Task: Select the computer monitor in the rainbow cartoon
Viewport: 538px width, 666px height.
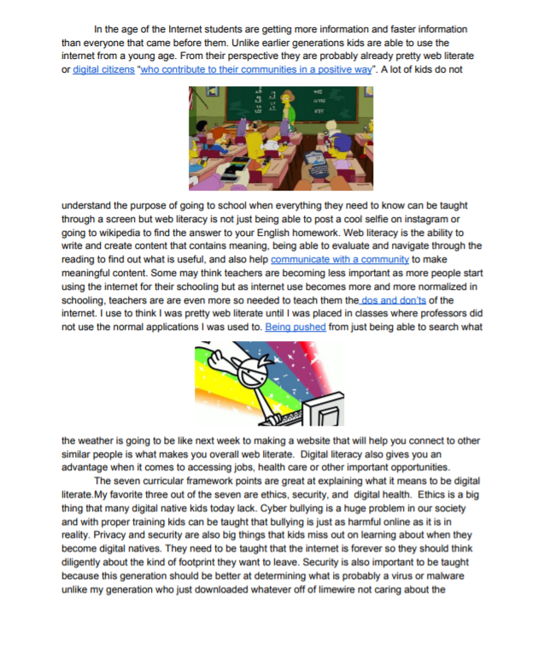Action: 326,414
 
